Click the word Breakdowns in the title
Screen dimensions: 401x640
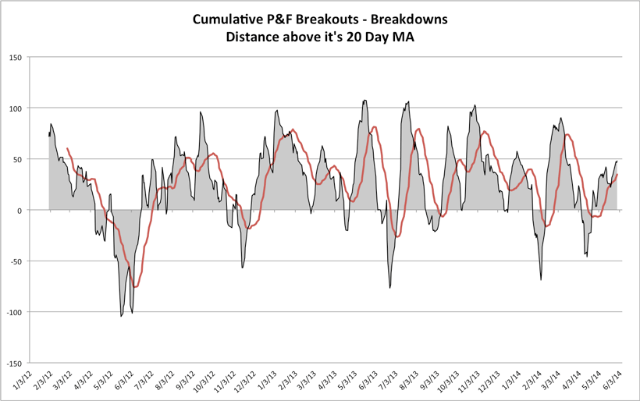point(408,20)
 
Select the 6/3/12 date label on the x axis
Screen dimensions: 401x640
point(123,382)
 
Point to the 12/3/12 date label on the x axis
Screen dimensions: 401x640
point(244,383)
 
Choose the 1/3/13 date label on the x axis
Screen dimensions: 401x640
point(265,382)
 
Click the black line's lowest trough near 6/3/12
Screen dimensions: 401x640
point(121,316)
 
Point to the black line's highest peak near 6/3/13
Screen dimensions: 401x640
point(365,100)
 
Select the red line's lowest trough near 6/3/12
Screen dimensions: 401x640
point(135,287)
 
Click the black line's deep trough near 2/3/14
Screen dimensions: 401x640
point(541,279)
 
